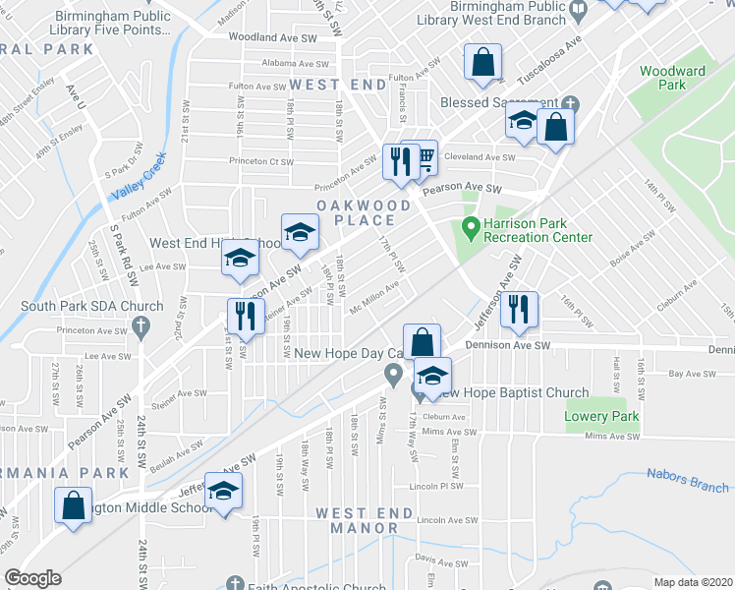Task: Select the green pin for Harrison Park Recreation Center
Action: [471, 229]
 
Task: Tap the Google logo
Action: [32, 579]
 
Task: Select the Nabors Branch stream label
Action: [688, 480]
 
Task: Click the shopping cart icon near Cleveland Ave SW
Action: [424, 156]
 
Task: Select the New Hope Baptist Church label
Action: [512, 393]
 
